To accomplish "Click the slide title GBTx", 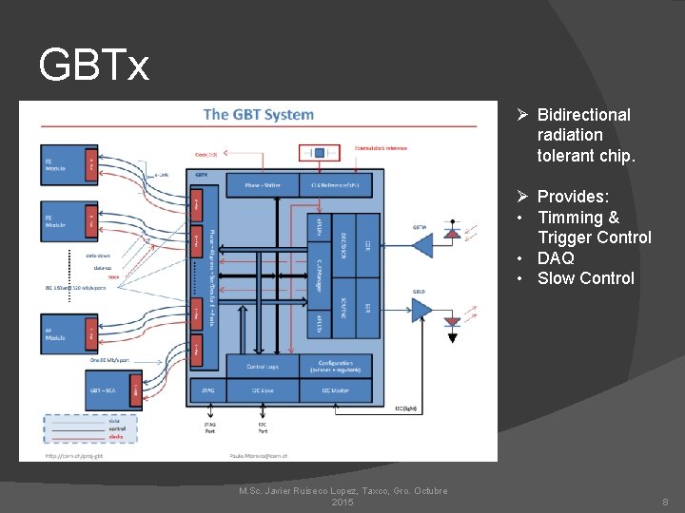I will point(94,66).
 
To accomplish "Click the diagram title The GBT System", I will point(258,115).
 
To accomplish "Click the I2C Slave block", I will point(262,389).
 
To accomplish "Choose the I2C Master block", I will point(339,389).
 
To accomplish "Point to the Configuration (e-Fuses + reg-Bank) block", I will point(339,366).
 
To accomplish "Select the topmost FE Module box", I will point(68,163).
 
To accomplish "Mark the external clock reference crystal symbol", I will point(321,152).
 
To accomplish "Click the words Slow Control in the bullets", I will point(585,278).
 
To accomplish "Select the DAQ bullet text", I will point(556,257).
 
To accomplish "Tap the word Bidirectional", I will point(583,115).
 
